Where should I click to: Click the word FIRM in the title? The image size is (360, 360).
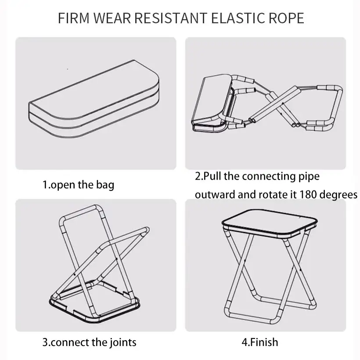click(73, 18)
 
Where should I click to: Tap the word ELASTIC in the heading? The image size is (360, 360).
click(237, 18)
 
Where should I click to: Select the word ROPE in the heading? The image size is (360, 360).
click(286, 18)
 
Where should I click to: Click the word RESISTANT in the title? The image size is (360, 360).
click(170, 18)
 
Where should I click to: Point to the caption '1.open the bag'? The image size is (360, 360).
click(78, 184)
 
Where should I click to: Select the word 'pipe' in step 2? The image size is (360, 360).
click(308, 176)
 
